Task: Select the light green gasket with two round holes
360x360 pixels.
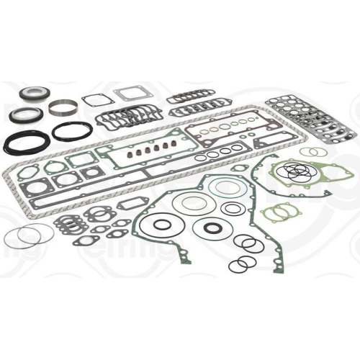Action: [274, 213]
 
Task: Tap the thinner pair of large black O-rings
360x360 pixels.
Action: [72, 132]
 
